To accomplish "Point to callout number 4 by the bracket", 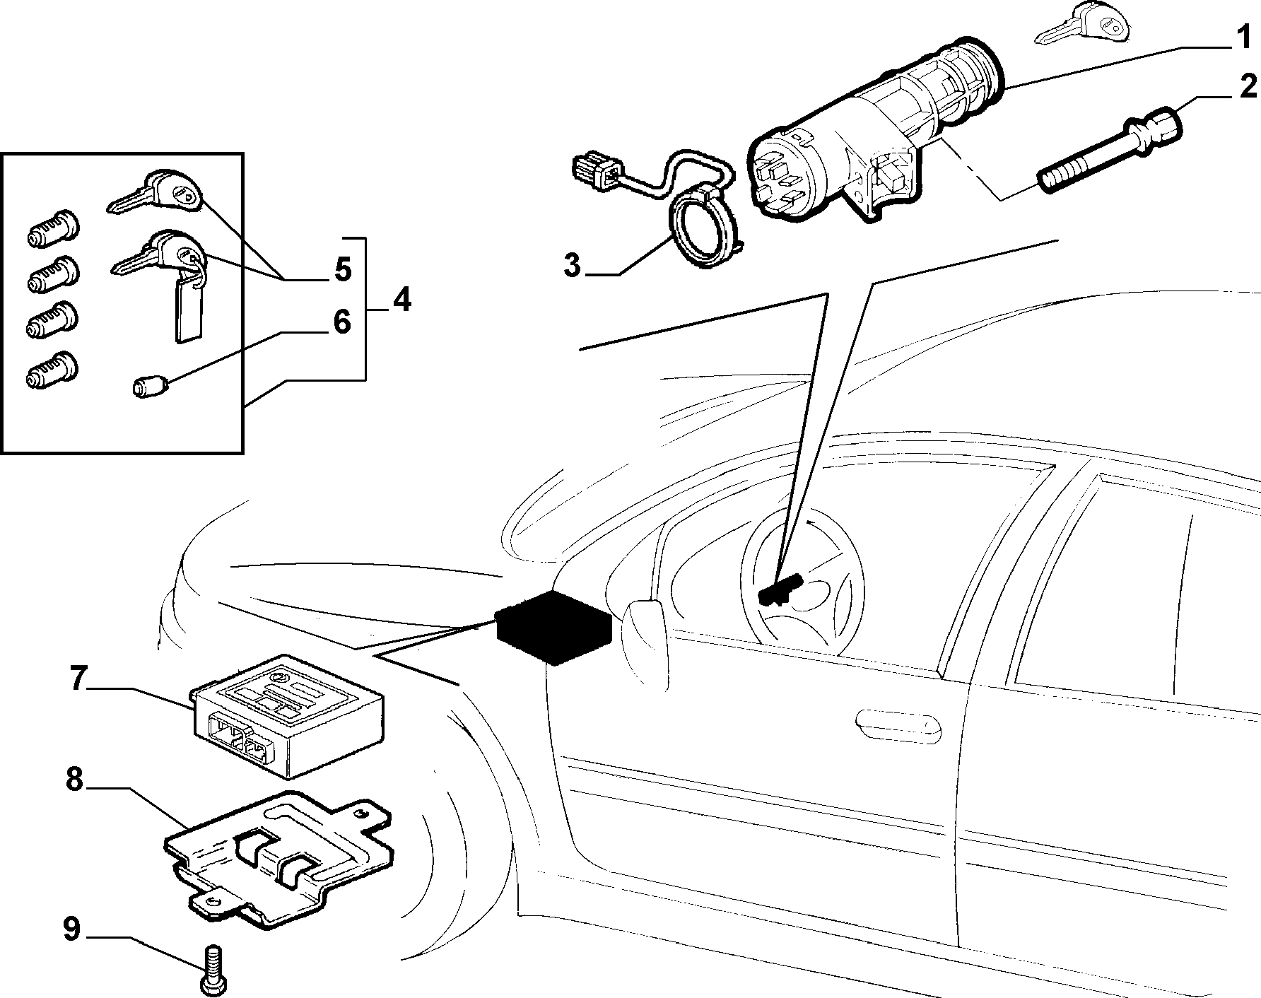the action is [400, 300].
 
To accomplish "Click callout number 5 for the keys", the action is [342, 269].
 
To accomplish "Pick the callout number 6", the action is [341, 323].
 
